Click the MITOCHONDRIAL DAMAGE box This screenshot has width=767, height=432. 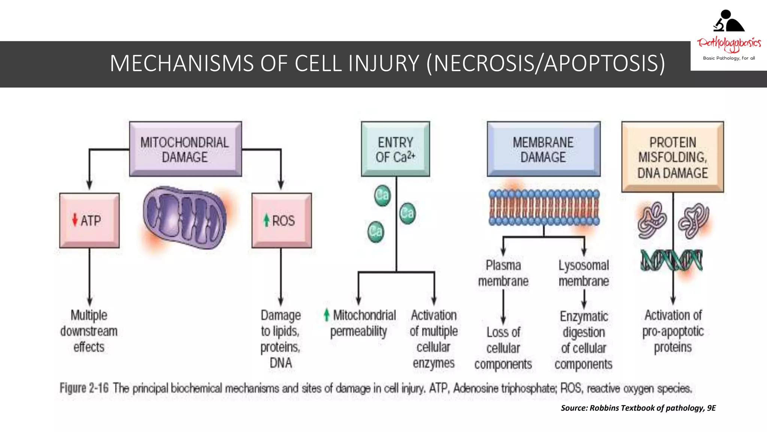185,149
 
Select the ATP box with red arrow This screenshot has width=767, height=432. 89,220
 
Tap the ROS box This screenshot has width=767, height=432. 281,220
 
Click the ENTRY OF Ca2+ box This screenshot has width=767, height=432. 395,149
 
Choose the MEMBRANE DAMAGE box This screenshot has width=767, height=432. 543,149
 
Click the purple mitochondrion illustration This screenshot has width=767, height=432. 185,217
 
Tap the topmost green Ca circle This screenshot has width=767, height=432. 382,195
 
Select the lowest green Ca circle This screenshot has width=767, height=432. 376,231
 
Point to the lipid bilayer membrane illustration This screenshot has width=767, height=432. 544,207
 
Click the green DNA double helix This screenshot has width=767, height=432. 671,260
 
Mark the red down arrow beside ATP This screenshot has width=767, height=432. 75,220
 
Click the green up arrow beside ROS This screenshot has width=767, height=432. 266,220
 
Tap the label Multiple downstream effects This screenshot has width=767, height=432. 89,331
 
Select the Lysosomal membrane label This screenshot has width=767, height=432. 583,273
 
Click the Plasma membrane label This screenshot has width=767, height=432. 503,273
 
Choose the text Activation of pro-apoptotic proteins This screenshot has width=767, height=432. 673,331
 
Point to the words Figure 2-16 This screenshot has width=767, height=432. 84,388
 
